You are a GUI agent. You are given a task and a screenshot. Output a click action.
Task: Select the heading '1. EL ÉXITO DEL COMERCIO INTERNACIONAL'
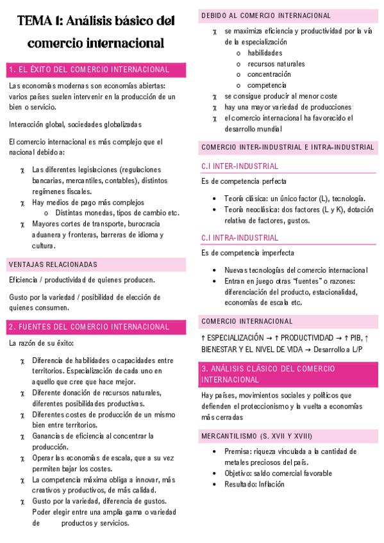point(89,70)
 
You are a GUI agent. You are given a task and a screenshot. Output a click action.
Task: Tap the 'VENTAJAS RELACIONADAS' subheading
point(53,264)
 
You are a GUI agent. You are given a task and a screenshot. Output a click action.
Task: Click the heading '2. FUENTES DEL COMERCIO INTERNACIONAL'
point(89,327)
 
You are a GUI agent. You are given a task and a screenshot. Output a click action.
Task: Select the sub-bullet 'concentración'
point(269,74)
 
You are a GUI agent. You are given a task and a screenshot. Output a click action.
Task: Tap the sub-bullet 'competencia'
point(267,85)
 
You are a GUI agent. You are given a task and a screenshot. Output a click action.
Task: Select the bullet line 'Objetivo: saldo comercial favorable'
point(278,473)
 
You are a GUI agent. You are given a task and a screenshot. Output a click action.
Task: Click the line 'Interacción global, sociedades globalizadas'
point(75,124)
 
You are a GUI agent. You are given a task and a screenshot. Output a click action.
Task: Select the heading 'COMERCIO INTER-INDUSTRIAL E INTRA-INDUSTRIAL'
point(287,147)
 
